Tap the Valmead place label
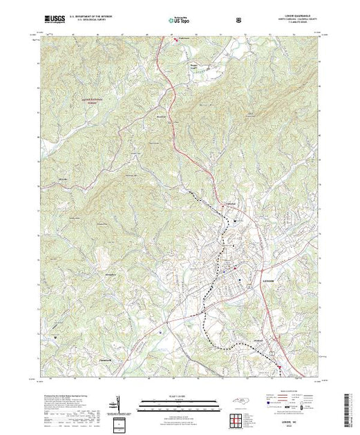click(x=230, y=204)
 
